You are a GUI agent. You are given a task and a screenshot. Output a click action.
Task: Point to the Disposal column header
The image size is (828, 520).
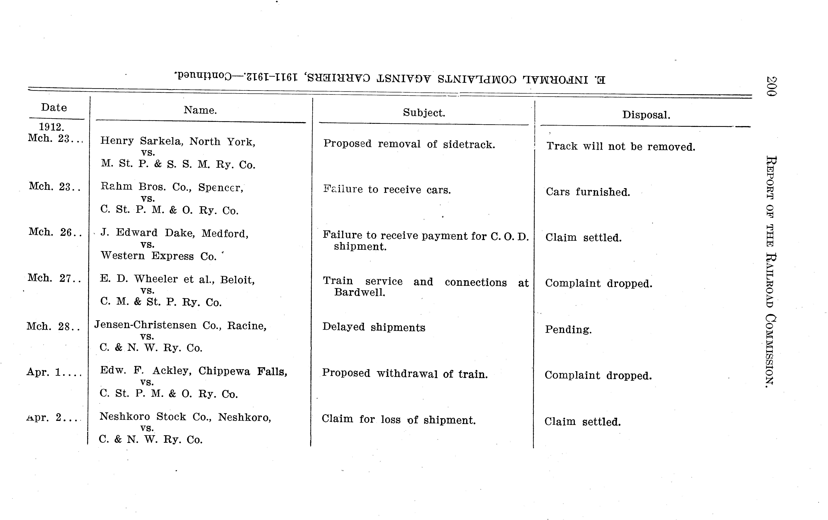click(x=646, y=115)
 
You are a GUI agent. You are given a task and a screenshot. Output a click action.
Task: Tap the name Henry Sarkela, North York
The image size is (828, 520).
click(x=178, y=141)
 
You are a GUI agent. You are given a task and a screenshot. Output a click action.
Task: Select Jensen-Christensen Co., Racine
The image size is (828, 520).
click(x=180, y=325)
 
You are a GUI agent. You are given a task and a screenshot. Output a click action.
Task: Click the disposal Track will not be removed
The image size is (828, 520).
click(x=621, y=146)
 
